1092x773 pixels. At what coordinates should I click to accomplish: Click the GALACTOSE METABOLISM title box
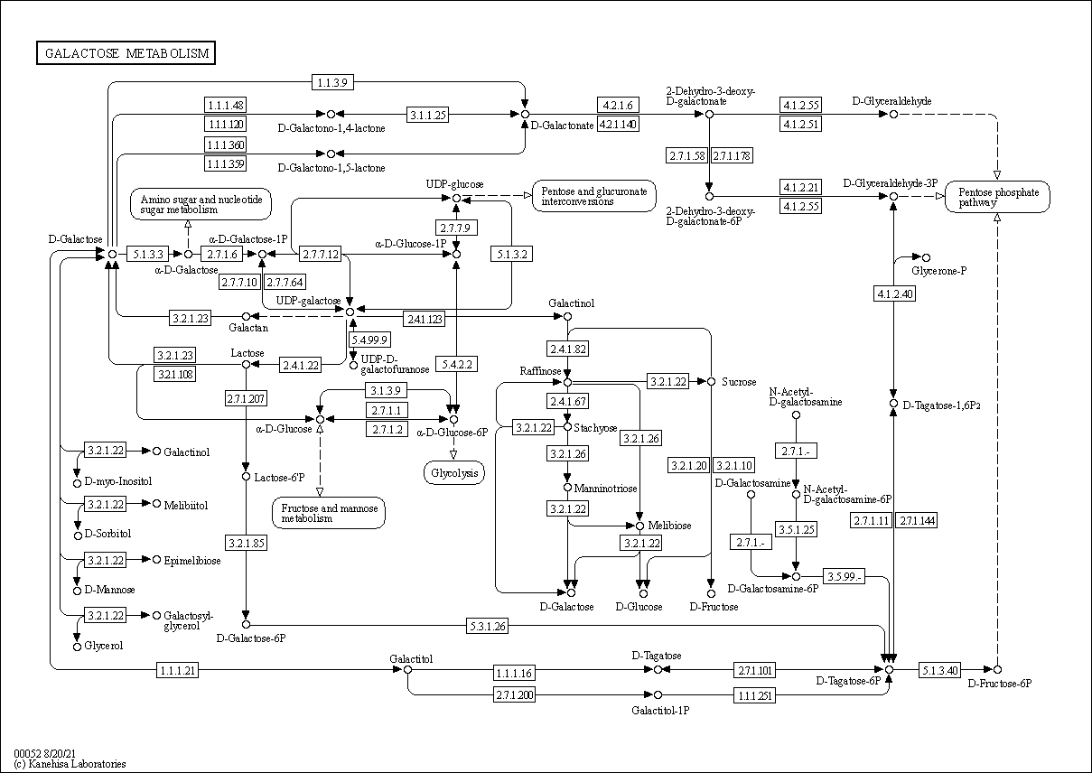[x=126, y=53]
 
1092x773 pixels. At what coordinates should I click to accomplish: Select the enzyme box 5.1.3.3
[x=145, y=255]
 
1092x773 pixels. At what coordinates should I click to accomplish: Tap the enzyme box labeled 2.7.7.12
[x=321, y=255]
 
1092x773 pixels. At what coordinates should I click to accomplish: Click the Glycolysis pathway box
[x=453, y=472]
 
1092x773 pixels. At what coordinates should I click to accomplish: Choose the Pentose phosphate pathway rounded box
[x=997, y=198]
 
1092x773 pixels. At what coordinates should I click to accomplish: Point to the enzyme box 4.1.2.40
[x=894, y=293]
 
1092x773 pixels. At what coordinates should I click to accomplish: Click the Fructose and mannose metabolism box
[x=329, y=513]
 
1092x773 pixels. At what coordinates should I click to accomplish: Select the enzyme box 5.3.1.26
[x=488, y=626]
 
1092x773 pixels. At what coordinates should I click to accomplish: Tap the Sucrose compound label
[x=739, y=382]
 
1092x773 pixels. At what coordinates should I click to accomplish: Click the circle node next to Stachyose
[x=567, y=427]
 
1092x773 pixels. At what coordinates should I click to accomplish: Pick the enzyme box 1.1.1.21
[x=177, y=669]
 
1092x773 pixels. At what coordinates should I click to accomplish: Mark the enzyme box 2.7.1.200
[x=515, y=694]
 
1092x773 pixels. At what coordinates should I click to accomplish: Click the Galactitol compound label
[x=411, y=658]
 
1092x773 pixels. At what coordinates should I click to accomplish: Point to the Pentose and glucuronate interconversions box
[x=594, y=196]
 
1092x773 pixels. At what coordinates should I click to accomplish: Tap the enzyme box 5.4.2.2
[x=458, y=364]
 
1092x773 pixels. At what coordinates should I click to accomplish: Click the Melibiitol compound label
[x=185, y=505]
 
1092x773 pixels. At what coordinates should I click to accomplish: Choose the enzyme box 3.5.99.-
[x=844, y=576]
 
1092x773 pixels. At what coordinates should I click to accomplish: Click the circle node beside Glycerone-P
[x=925, y=258]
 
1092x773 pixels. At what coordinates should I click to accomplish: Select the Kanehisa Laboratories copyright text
[x=70, y=764]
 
